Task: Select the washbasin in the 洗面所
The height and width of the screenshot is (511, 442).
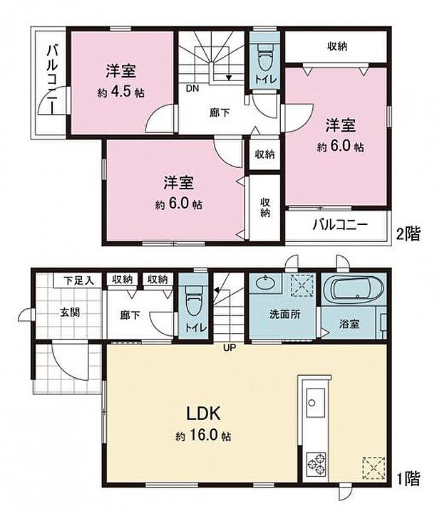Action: tap(264, 284)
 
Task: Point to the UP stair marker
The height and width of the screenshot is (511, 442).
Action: tap(229, 348)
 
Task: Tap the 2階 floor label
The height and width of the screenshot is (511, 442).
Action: tap(409, 233)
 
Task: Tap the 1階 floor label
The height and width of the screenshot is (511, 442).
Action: tap(409, 478)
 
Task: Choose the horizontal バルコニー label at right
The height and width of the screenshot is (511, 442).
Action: tap(339, 226)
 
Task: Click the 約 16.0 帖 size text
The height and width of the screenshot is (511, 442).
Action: tap(205, 436)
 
